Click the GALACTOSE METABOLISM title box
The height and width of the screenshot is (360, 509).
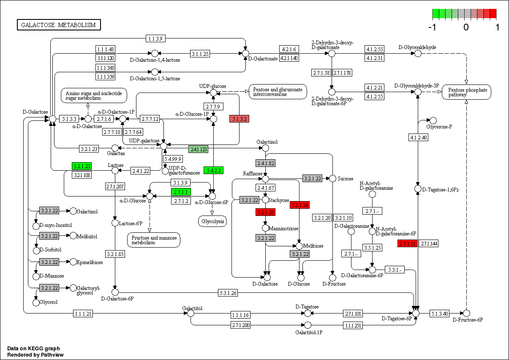pyautogui.click(x=59, y=25)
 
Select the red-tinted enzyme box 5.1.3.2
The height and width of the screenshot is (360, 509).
pyautogui.click(x=239, y=119)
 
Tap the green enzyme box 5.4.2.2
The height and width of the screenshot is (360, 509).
pyautogui.click(x=213, y=170)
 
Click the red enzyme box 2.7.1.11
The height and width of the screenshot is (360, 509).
pyautogui.click(x=408, y=243)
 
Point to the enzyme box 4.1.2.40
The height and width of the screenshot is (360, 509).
pyautogui.click(x=419, y=137)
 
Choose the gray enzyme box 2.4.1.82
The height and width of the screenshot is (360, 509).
pyautogui.click(x=265, y=163)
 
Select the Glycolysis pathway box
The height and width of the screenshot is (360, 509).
pyautogui.click(x=212, y=221)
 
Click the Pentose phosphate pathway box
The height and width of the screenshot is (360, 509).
pyautogui.click(x=467, y=92)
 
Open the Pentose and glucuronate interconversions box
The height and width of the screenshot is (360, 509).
pyautogui.click(x=278, y=92)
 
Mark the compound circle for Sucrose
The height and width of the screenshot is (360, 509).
pyautogui.click(x=332, y=179)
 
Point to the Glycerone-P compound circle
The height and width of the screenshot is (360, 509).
pyautogui.click(x=433, y=121)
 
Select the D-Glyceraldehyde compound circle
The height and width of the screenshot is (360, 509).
pyautogui.click(x=418, y=53)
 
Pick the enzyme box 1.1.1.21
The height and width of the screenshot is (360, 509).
pyautogui.click(x=83, y=313)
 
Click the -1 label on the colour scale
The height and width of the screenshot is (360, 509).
pyautogui.click(x=432, y=27)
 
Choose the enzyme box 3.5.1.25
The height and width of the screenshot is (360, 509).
pyautogui.click(x=372, y=248)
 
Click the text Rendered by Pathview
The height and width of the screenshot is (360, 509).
pyautogui.click(x=35, y=355)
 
